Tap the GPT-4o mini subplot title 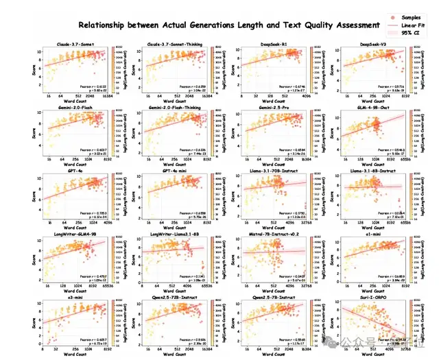165,171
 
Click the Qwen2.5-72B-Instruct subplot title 165,298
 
